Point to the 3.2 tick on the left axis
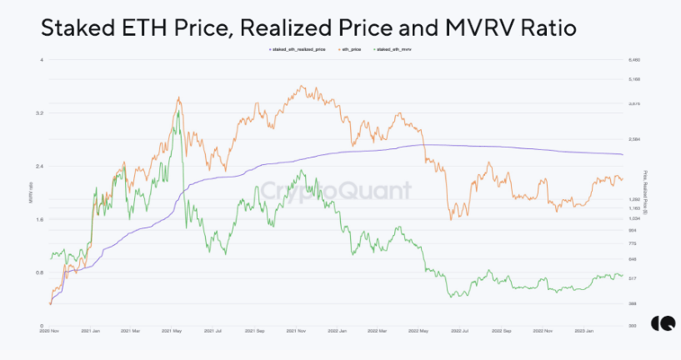[x=40, y=112]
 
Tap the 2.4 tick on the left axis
[x=40, y=166]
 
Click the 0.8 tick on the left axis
[x=40, y=272]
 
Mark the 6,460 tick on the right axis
[x=633, y=60]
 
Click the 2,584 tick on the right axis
[x=633, y=139]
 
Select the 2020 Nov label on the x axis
[x=49, y=331]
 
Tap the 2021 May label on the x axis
[x=171, y=331]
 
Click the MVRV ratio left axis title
[x=31, y=192]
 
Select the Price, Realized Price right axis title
[x=646, y=192]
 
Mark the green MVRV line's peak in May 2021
[x=178, y=111]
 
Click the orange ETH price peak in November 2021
[x=299, y=85]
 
